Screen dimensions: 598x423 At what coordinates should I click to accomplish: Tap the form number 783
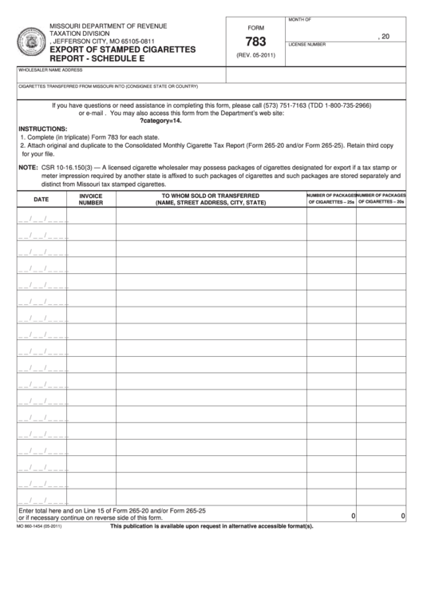[x=255, y=41]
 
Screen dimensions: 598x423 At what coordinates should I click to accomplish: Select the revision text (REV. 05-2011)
[x=255, y=55]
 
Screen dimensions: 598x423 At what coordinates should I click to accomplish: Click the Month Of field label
[x=301, y=18]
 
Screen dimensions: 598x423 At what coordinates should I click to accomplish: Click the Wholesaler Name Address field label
[x=52, y=70]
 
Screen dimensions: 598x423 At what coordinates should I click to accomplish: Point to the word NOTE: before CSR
[x=28, y=168]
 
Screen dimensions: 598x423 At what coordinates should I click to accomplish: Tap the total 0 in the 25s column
[x=353, y=517]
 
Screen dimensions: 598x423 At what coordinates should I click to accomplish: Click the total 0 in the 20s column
[x=403, y=517]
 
